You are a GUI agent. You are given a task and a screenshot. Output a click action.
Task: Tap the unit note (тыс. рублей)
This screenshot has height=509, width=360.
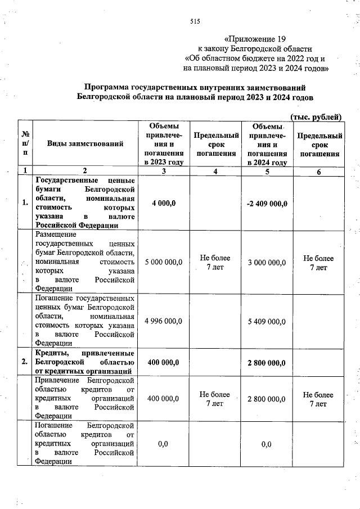click(315, 116)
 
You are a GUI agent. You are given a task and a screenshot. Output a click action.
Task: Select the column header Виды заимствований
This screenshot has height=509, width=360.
click(85, 144)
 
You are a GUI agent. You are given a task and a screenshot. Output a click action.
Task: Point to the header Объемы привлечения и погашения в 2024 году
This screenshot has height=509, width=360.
click(267, 144)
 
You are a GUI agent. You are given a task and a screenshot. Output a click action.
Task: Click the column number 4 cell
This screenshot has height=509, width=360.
click(215, 172)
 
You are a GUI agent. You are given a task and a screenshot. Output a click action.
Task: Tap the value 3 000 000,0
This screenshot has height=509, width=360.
click(267, 262)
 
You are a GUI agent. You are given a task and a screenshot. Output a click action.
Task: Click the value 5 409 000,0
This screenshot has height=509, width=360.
click(267, 321)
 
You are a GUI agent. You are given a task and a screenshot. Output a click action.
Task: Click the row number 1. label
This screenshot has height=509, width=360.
click(25, 203)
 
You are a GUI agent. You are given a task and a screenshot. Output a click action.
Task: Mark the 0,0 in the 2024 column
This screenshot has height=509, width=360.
click(267, 444)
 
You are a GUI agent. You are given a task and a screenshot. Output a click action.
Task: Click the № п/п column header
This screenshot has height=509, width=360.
click(25, 144)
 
